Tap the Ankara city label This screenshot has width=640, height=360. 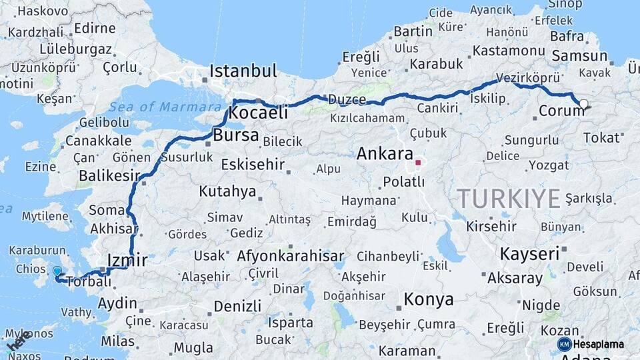(385, 154)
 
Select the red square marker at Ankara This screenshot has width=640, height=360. (418, 162)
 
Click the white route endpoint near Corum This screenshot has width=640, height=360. (584, 103)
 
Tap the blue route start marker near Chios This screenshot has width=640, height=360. (57, 272)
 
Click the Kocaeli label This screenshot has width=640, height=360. (258, 113)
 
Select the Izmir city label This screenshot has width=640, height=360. (127, 259)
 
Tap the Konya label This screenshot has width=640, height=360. (428, 299)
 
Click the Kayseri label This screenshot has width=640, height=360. (529, 253)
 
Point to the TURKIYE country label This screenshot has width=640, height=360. (509, 198)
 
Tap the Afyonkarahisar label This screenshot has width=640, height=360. (290, 256)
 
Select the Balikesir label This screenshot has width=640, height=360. (110, 175)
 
